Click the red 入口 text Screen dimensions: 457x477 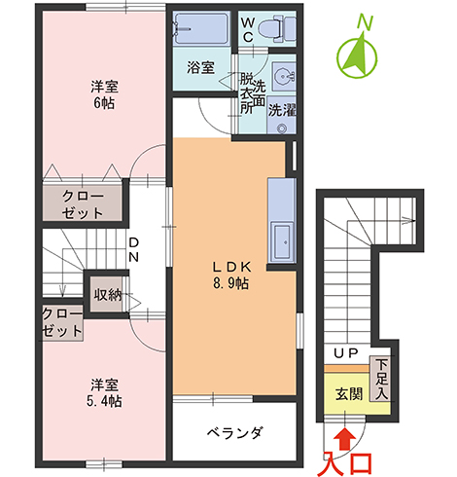(x=348, y=463)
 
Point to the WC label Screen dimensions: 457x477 (x=248, y=30)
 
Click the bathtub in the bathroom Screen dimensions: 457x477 (x=200, y=28)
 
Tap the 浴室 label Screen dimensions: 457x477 (x=200, y=67)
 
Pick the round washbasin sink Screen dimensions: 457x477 (x=283, y=77)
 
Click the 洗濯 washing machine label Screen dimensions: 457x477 (x=282, y=110)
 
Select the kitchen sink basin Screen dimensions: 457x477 (x=282, y=240)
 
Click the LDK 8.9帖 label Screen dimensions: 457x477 (x=230, y=275)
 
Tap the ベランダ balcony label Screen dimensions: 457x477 (x=235, y=432)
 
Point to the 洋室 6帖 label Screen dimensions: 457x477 (x=104, y=94)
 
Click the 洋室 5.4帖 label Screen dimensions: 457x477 (x=104, y=393)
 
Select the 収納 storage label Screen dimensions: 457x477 (x=108, y=295)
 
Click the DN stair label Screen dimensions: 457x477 (x=133, y=250)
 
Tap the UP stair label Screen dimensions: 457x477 (x=346, y=352)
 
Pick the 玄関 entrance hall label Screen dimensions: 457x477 (x=349, y=394)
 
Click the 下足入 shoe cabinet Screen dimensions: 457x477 (x=381, y=379)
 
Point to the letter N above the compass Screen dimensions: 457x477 (x=365, y=22)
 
